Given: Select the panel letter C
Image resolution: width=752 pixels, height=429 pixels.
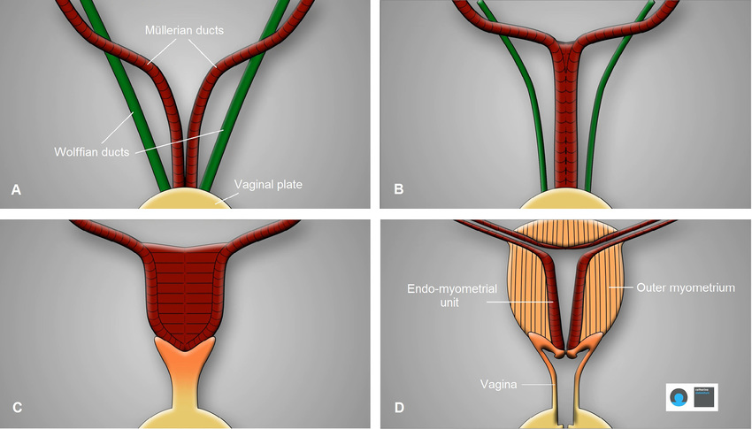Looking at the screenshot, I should pos(14,408).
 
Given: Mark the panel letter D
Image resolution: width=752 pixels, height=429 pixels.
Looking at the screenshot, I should pos(398,408).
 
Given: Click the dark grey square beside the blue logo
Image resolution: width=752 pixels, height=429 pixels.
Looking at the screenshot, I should pos(705,397).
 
